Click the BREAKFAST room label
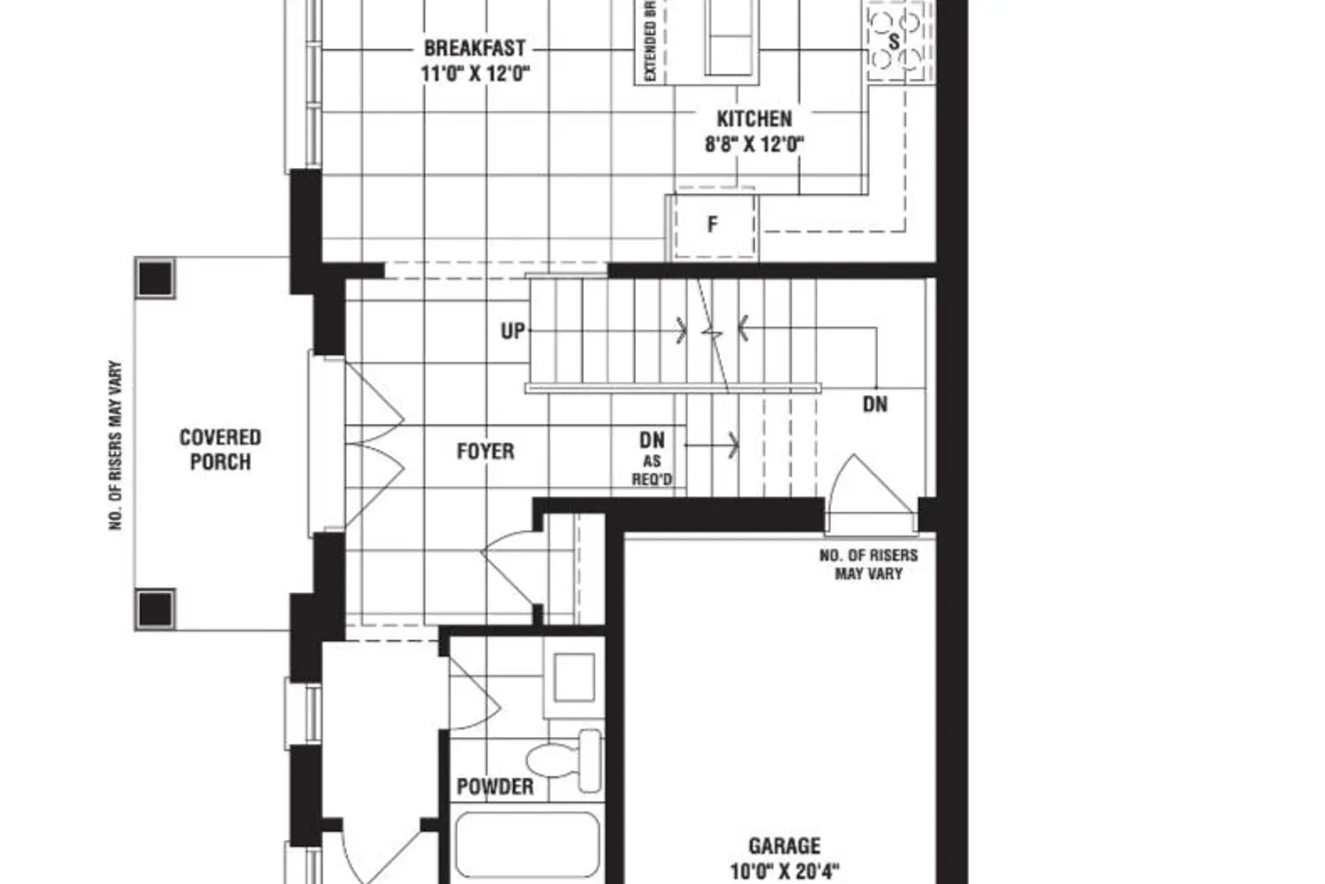pos(474,48)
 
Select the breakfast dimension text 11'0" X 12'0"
pos(474,73)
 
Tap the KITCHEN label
pos(753,118)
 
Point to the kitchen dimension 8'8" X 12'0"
pos(753,143)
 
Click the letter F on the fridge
pos(713,225)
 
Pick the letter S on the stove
pos(894,42)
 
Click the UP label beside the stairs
pos(512,331)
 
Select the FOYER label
pos(485,452)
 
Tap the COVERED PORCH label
pos(220,449)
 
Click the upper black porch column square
pos(155,278)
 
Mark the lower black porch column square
pos(155,609)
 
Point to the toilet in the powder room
pos(565,759)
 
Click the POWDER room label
pos(495,786)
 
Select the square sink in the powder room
pos(573,678)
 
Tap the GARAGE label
pos(784,846)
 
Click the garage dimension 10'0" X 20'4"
pos(784,871)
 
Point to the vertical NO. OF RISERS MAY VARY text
pos(116,446)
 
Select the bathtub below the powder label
pos(527,846)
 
